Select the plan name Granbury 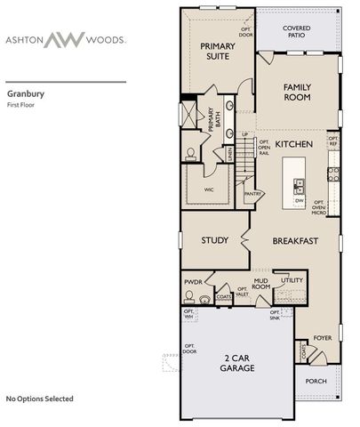[26, 92]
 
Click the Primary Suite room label [216, 51]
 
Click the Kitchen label [292, 143]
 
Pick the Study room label [215, 240]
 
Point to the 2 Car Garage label [238, 364]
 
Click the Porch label [316, 381]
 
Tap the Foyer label [323, 338]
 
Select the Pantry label [253, 193]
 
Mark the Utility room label [292, 280]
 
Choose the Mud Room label [260, 284]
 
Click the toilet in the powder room [206, 300]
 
